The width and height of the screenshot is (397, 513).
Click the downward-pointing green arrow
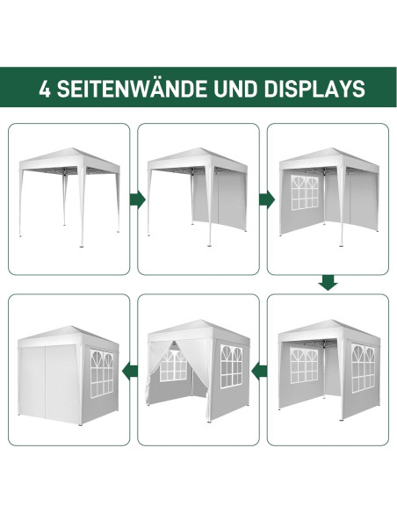pyautogui.click(x=328, y=283)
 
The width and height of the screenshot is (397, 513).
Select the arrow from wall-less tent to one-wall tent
pyautogui.click(x=137, y=199)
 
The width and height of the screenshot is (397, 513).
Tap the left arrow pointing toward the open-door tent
pyautogui.click(x=259, y=370)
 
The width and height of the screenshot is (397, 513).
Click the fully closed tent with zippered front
pyautogui.click(x=69, y=369)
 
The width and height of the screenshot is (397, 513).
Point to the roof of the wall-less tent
pyautogui.click(x=68, y=161)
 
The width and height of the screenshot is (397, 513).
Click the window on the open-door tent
pyautogui.click(x=230, y=367)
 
